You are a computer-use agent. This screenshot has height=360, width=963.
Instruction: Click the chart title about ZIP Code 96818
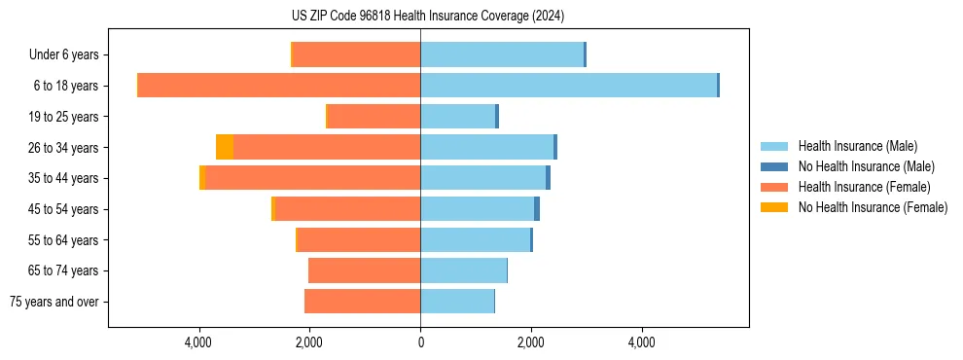click(x=427, y=17)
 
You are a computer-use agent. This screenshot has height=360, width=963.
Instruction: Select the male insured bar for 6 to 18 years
click(x=568, y=86)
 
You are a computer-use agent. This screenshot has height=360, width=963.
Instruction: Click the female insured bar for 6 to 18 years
click(x=278, y=86)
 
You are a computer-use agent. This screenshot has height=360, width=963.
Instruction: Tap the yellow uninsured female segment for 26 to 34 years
click(x=225, y=147)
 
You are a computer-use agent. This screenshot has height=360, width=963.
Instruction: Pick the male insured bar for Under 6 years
click(x=501, y=54)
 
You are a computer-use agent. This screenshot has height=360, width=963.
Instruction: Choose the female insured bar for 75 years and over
click(x=362, y=302)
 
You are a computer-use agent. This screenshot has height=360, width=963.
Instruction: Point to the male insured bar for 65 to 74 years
click(x=463, y=270)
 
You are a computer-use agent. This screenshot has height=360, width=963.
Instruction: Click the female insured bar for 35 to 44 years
click(x=312, y=178)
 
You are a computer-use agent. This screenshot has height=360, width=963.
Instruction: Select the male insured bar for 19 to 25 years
click(x=457, y=117)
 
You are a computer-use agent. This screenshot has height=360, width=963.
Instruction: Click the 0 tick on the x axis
click(x=420, y=342)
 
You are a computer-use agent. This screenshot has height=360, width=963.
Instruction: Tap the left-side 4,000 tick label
click(x=198, y=342)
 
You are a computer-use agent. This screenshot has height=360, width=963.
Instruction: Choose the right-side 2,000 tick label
click(x=531, y=342)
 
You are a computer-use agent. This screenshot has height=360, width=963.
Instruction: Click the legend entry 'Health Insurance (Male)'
click(x=857, y=146)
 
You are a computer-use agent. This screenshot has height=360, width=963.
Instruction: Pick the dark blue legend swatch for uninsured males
click(x=774, y=166)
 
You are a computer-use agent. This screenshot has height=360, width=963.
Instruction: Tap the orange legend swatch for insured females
click(x=774, y=187)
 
